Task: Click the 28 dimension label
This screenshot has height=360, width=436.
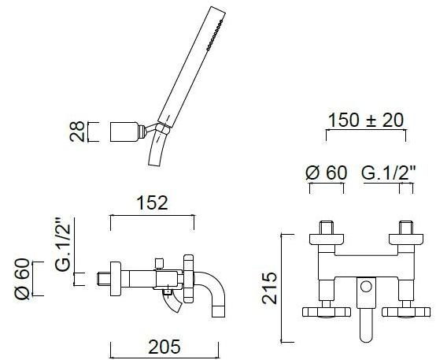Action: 77,132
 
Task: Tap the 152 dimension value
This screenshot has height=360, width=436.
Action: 153,203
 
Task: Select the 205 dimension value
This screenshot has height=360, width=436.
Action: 164,347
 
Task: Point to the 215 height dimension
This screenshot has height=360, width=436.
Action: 269,288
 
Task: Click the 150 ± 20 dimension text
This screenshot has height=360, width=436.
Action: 366,120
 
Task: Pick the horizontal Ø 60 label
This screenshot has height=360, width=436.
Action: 327,173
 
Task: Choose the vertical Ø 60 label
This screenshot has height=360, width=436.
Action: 22,279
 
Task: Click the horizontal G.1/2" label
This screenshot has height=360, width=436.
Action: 389,173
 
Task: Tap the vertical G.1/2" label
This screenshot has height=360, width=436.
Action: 62,244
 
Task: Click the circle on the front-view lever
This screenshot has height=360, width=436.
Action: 366,286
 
